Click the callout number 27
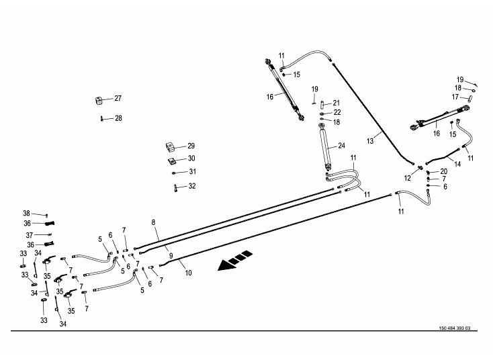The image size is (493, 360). tap(118, 99)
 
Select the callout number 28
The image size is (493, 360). tap(118, 118)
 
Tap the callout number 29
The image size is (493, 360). tap(191, 146)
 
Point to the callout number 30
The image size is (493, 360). tap(191, 159)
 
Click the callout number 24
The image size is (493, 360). tap(341, 146)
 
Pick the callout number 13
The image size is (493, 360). tap(370, 140)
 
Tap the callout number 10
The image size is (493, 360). tap(188, 273)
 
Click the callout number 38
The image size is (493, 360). tap(26, 213)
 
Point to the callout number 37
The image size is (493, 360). tap(29, 235)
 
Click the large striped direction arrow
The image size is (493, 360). tap(236, 261)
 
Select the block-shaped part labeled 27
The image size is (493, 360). tap(98, 101)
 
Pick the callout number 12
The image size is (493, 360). tap(407, 178)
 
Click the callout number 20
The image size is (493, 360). tap(444, 171)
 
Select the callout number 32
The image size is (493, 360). tap(191, 186)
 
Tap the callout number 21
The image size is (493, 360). tap(337, 103)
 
